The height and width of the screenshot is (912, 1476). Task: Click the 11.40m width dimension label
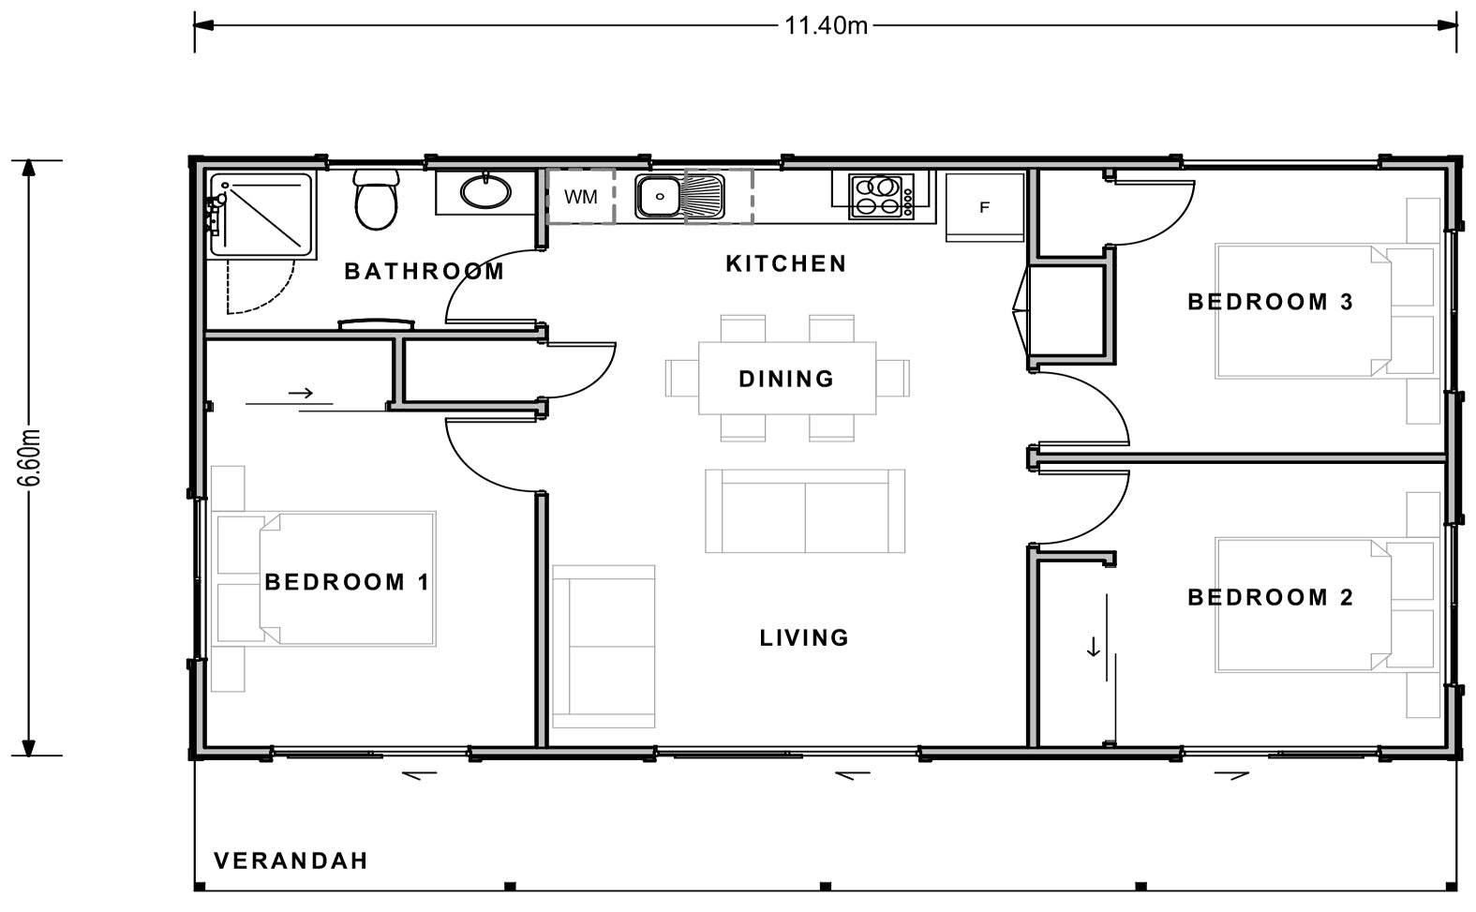[825, 25]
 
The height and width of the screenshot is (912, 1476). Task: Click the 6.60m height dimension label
[30, 458]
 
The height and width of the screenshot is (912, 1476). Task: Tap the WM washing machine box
[581, 197]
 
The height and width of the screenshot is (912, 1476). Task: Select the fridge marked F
[984, 207]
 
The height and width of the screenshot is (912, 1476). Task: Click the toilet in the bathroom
[376, 202]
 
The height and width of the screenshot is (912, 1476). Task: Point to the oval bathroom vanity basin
[485, 192]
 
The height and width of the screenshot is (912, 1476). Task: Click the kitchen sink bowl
[660, 197]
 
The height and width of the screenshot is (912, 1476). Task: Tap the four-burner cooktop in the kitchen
[881, 197]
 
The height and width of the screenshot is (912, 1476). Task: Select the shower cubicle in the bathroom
[261, 215]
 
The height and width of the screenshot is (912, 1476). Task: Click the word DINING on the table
[786, 379]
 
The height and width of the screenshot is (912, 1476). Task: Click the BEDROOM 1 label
[347, 582]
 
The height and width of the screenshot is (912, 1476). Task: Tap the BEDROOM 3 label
[1270, 302]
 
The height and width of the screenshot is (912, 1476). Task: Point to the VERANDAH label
[291, 860]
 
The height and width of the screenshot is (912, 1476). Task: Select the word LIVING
[804, 638]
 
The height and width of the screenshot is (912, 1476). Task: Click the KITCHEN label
[786, 263]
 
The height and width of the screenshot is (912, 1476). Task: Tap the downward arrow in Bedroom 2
[1093, 647]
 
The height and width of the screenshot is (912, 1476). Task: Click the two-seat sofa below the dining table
[804, 511]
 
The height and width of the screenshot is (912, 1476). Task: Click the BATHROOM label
[425, 272]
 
